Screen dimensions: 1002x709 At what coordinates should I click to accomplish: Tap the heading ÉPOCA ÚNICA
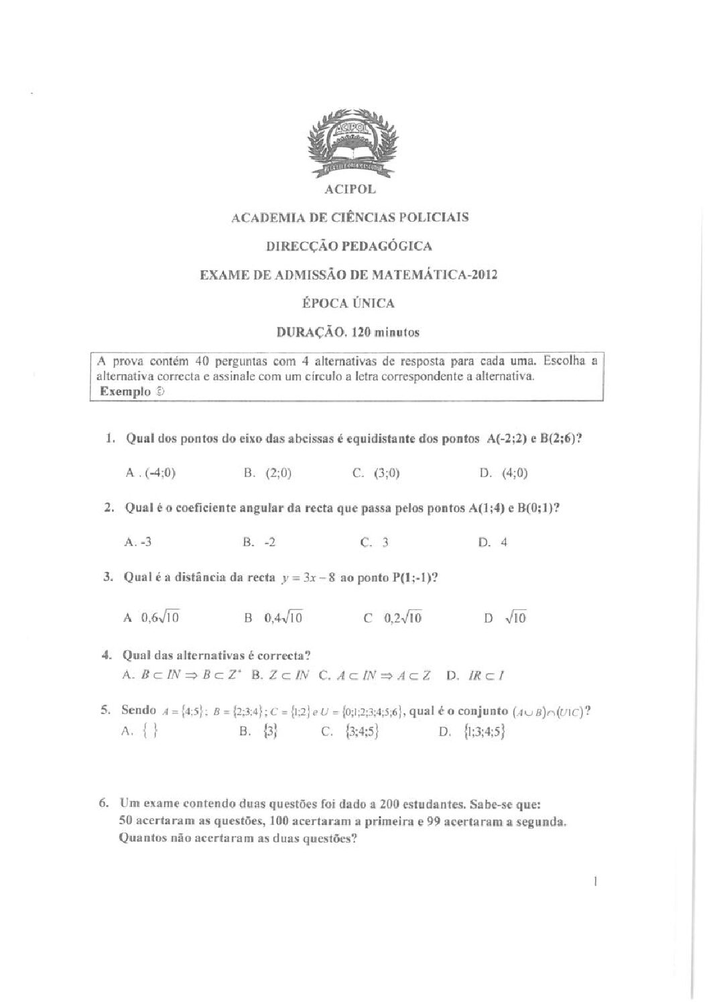point(349,303)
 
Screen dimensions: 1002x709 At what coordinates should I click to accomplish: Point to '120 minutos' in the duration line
point(386,332)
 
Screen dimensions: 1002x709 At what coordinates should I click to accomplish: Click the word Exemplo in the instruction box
point(125,392)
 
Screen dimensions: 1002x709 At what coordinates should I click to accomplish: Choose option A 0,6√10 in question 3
point(151,618)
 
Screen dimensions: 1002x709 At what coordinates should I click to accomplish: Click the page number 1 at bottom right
point(595,883)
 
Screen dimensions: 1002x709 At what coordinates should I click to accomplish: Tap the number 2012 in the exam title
point(482,274)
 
